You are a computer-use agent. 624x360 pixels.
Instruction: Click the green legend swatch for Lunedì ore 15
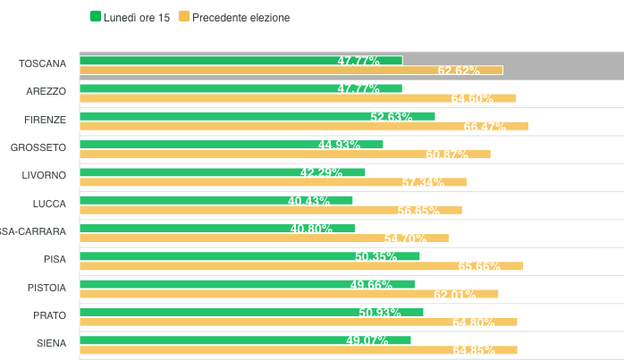(96, 16)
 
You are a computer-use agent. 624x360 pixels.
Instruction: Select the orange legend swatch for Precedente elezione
(184, 16)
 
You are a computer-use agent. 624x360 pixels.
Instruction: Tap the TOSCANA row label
(43, 63)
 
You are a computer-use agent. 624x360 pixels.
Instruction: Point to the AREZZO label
(46, 91)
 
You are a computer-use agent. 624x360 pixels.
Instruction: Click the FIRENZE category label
(46, 119)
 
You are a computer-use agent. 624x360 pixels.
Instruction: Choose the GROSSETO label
(38, 147)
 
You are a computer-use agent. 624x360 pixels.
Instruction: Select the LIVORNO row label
(44, 175)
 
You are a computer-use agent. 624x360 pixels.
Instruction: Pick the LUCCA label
(49, 204)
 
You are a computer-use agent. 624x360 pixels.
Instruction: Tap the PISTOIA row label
(47, 287)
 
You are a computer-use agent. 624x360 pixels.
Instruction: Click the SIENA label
(52, 343)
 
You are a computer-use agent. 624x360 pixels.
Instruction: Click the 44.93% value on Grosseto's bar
(339, 145)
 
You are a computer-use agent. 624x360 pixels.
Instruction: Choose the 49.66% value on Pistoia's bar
(371, 285)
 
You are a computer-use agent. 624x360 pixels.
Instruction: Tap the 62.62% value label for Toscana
(459, 71)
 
